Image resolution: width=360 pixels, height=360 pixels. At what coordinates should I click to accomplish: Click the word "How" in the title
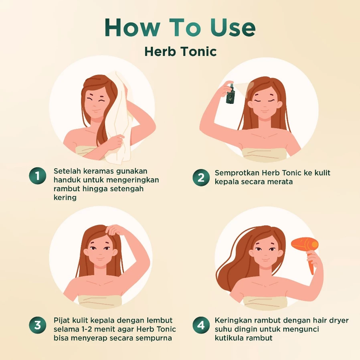point(132,28)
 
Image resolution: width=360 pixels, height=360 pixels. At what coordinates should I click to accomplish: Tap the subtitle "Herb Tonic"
point(180,51)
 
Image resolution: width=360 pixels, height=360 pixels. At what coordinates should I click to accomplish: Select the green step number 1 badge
point(38,176)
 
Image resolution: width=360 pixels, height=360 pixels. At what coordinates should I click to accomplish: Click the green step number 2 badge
point(201,178)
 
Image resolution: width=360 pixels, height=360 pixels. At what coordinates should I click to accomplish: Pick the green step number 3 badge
point(38,326)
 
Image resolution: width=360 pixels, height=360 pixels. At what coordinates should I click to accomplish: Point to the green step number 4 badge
point(201,326)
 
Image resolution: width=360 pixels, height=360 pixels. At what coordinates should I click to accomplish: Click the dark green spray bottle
point(230,94)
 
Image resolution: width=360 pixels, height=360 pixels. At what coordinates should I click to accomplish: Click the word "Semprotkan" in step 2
point(237,173)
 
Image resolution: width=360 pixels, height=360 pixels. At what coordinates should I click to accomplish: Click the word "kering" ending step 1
point(65,198)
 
